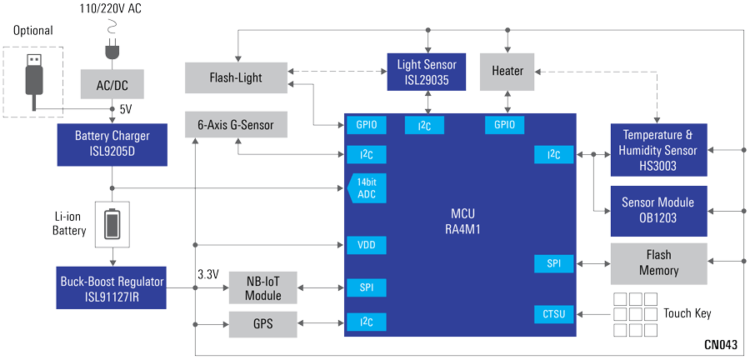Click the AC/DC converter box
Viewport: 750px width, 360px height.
[x=112, y=83]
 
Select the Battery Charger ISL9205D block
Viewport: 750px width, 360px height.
[x=112, y=143]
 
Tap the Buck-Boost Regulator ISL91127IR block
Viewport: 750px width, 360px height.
[x=112, y=287]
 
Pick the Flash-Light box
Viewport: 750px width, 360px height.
[x=235, y=77]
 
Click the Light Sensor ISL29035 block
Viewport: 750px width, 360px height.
[x=427, y=72]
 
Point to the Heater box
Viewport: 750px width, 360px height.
[x=507, y=72]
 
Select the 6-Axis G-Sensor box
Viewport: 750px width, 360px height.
[x=235, y=125]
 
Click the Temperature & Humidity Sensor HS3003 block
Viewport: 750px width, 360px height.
[x=658, y=150]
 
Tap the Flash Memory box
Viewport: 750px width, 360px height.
[x=658, y=262]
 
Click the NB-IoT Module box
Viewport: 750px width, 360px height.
[x=262, y=287]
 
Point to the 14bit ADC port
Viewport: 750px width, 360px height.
[x=366, y=188]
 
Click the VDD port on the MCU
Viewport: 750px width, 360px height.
[x=366, y=245]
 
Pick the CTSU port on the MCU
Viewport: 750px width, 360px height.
[x=553, y=314]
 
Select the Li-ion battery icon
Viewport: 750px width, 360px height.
[x=112, y=223]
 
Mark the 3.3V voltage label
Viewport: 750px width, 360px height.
[x=208, y=273]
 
